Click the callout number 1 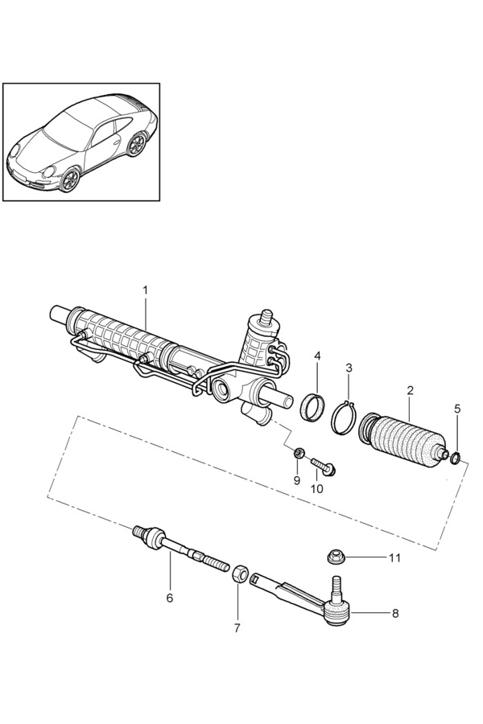[x=146, y=290]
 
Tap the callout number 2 [x=410, y=390]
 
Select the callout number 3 [x=349, y=368]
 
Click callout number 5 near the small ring [x=457, y=409]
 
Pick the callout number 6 [x=170, y=598]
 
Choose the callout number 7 [x=237, y=627]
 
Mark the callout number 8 [x=394, y=614]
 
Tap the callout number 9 [x=296, y=480]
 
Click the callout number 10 [x=316, y=487]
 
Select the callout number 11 [x=394, y=557]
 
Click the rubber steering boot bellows [x=402, y=439]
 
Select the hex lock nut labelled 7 [x=238, y=574]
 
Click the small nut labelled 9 [x=299, y=453]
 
